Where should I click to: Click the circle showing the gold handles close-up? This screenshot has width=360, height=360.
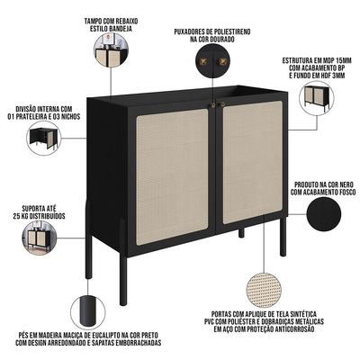pos(212,61)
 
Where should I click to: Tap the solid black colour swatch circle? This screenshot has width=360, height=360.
pos(324,214)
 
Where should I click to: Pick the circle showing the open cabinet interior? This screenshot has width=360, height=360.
pos(44,138)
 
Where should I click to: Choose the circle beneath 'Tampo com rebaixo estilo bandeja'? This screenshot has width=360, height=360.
pos(112,49)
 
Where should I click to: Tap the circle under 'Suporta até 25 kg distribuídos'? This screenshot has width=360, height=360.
pos(40,238)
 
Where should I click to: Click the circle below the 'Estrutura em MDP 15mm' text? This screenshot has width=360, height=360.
pos(317,94)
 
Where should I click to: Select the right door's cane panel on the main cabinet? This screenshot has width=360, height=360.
pos(253,162)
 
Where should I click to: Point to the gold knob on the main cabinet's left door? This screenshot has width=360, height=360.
pos(212,105)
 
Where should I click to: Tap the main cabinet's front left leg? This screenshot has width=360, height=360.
pos(123,281)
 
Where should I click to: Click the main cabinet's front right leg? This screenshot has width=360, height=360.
pos(283,237)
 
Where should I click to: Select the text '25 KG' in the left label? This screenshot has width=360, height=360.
pos(21,216)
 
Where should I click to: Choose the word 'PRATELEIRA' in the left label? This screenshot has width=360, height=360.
pos(31,116)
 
